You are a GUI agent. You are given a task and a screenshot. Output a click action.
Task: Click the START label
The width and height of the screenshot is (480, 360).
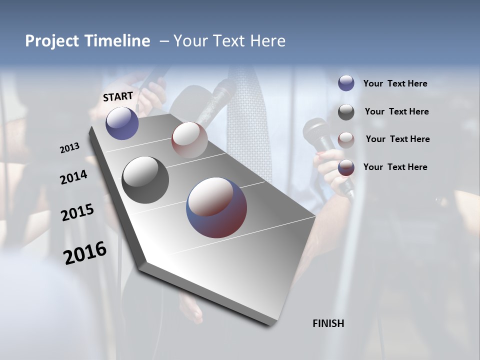[118, 96]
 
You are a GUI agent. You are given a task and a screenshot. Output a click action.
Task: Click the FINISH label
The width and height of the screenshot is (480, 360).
[328, 323]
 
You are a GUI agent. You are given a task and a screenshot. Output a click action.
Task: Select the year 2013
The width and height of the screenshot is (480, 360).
[70, 147]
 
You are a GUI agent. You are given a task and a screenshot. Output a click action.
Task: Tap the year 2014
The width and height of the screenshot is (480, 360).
[73, 177]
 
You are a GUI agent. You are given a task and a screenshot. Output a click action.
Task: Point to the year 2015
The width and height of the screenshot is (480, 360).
[77, 212]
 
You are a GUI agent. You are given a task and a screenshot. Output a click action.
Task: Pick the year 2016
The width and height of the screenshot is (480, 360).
[85, 253]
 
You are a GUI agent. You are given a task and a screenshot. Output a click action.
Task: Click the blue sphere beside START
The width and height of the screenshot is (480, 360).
[122, 123]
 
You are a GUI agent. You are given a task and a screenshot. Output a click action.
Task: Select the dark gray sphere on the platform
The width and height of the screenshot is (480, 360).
[145, 180]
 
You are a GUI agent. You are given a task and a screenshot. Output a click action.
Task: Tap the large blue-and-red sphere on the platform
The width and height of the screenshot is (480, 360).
[216, 207]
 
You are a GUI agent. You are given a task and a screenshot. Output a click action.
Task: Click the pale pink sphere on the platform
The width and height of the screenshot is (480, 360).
[189, 139]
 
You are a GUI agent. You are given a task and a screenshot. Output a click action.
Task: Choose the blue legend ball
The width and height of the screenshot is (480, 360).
[346, 83]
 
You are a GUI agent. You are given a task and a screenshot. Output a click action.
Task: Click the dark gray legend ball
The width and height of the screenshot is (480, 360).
[346, 112]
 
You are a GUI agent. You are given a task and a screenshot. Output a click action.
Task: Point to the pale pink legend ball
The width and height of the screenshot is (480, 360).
[346, 140]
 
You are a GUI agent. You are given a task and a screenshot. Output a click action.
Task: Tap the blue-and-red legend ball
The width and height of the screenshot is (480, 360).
[346, 168]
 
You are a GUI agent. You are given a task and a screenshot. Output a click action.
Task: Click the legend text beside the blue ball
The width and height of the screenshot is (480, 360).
[395, 83]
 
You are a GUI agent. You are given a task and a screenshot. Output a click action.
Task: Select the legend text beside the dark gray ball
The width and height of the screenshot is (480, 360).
[396, 111]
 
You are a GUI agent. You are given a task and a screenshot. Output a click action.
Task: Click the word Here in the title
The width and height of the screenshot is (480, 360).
[266, 41]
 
